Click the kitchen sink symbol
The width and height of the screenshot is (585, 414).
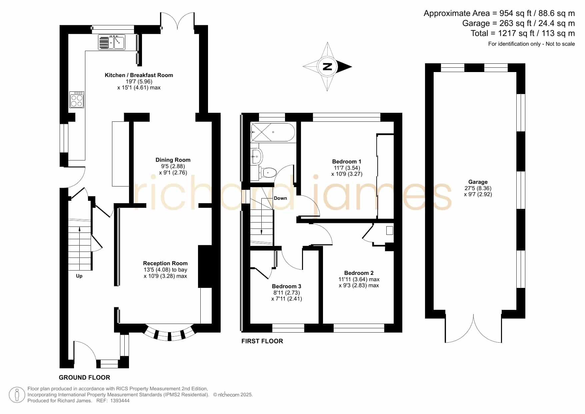[x=112, y=42]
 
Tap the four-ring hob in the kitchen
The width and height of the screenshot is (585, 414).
[x=77, y=99]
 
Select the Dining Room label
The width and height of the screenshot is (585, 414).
[x=173, y=160]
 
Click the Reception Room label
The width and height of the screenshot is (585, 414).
[x=165, y=263]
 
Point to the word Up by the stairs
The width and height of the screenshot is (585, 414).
[x=79, y=276]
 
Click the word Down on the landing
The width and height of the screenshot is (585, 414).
[x=280, y=198]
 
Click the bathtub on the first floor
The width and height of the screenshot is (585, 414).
[x=273, y=132]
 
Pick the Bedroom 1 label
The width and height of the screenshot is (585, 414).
[x=347, y=161]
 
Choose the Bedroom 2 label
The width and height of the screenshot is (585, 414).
[x=359, y=273]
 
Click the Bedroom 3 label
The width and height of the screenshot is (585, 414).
[x=287, y=286]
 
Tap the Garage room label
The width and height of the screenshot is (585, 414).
[x=478, y=182]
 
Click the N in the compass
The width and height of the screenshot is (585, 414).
[x=328, y=66]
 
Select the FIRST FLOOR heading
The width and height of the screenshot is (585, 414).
[x=262, y=341]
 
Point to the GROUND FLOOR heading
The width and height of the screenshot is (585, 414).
[x=84, y=377]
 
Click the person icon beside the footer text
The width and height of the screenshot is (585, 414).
[x=17, y=395]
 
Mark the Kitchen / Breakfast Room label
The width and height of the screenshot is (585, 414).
[x=139, y=75]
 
